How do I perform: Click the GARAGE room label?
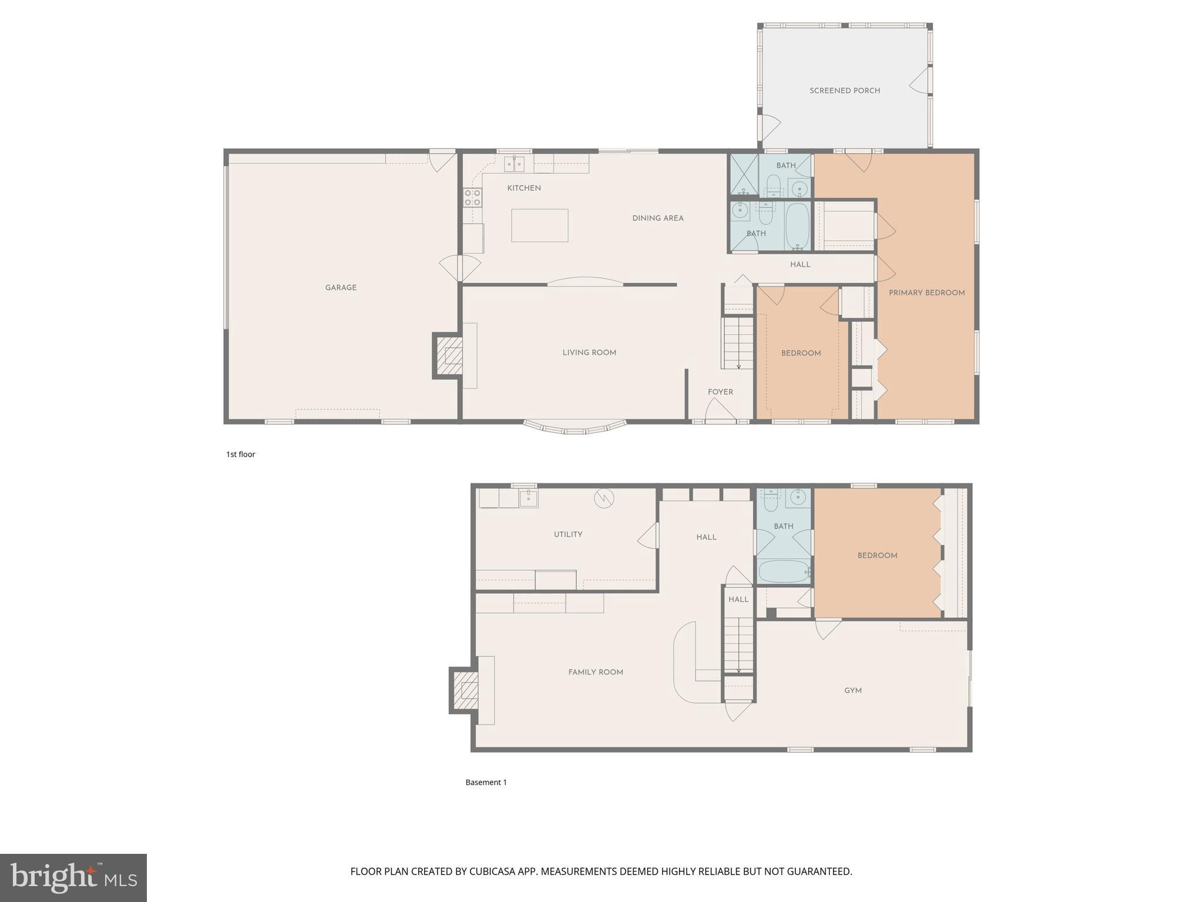point(341,288)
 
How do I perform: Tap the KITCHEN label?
point(524,188)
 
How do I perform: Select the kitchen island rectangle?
point(539,225)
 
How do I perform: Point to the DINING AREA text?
point(657,218)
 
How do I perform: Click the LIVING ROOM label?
point(589,353)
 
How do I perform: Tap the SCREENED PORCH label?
point(844,91)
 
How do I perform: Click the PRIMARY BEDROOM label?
point(926,293)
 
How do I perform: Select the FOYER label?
point(720,392)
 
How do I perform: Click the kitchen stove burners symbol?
point(472,197)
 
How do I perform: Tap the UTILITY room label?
point(568,534)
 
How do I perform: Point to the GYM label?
point(853,691)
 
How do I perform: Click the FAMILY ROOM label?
point(595,672)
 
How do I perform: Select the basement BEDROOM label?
point(877,556)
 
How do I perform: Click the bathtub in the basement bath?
point(784,571)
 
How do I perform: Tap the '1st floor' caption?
point(241,455)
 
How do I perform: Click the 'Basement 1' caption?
point(486,782)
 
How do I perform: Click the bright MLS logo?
point(73,877)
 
